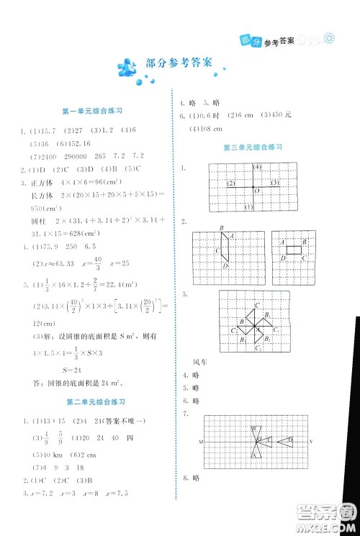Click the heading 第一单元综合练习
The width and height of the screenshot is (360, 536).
tap(94, 111)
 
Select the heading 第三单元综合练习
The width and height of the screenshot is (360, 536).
tap(252, 147)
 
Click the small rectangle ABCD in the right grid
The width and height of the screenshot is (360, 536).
tap(294, 250)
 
